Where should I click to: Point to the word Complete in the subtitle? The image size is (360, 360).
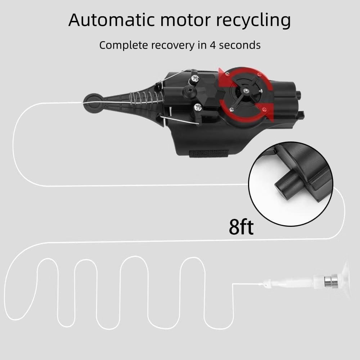[x=123, y=45]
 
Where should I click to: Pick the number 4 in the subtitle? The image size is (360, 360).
[x=213, y=45]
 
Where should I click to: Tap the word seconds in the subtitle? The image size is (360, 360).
[x=240, y=45]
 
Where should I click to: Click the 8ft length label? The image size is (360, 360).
[x=241, y=227]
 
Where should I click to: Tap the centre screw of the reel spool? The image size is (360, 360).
[x=246, y=90]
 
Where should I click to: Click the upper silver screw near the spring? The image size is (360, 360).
[x=195, y=78]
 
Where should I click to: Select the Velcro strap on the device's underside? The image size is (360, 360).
[x=208, y=153]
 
